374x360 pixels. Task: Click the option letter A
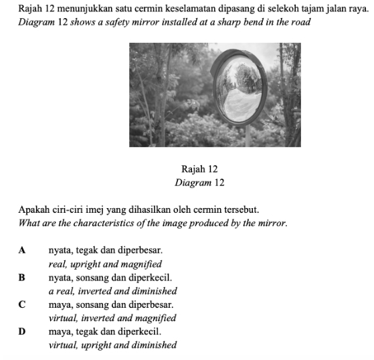click(x=23, y=250)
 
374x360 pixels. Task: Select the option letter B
click(x=22, y=277)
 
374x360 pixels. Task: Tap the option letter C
click(x=23, y=304)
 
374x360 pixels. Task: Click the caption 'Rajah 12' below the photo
click(x=199, y=170)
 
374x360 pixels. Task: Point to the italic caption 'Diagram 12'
click(x=199, y=183)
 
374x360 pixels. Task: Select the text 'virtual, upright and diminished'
click(x=112, y=345)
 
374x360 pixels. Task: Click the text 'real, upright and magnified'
click(x=105, y=264)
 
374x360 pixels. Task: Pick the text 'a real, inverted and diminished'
click(x=112, y=291)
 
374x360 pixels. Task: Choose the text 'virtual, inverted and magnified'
click(x=112, y=319)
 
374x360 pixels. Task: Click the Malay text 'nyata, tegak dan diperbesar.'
click(x=105, y=250)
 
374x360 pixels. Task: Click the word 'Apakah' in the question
click(x=33, y=209)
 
